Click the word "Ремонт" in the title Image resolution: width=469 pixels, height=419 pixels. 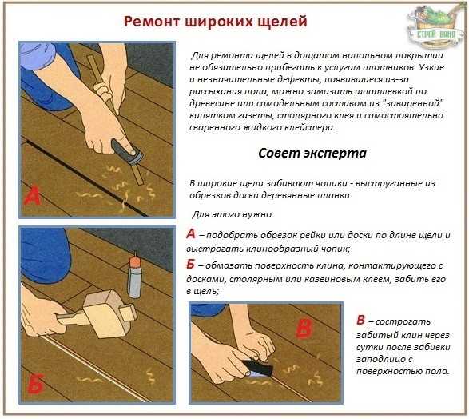152,22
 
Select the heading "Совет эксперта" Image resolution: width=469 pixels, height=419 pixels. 312,154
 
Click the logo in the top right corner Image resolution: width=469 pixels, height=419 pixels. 435,26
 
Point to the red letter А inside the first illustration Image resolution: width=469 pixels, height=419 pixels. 32,195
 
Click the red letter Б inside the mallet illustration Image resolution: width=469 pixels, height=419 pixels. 36,383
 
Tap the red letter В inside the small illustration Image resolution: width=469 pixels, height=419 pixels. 304,328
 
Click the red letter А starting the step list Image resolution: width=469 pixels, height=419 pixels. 191,233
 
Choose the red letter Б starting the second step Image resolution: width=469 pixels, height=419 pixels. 190,264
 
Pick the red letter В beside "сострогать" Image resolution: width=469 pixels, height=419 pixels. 360,320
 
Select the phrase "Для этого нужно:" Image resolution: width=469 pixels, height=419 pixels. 233,214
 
